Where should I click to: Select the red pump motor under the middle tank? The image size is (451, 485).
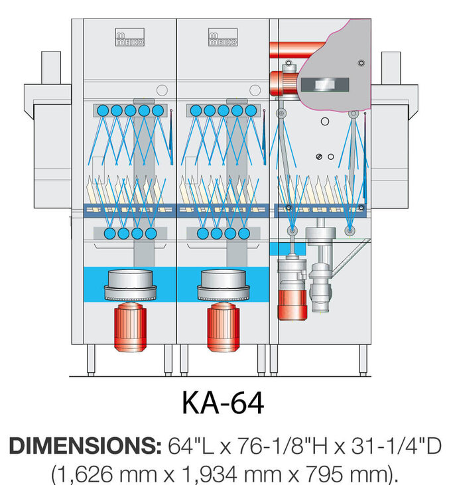pyautogui.click(x=223, y=328)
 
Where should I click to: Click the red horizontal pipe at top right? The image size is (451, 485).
pyautogui.click(x=295, y=50)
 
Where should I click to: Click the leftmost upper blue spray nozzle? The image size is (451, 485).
pyautogui.click(x=103, y=111)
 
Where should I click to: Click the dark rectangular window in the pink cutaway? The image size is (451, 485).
pyautogui.click(x=324, y=84)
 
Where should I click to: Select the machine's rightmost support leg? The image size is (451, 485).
pyautogui.click(x=363, y=359)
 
